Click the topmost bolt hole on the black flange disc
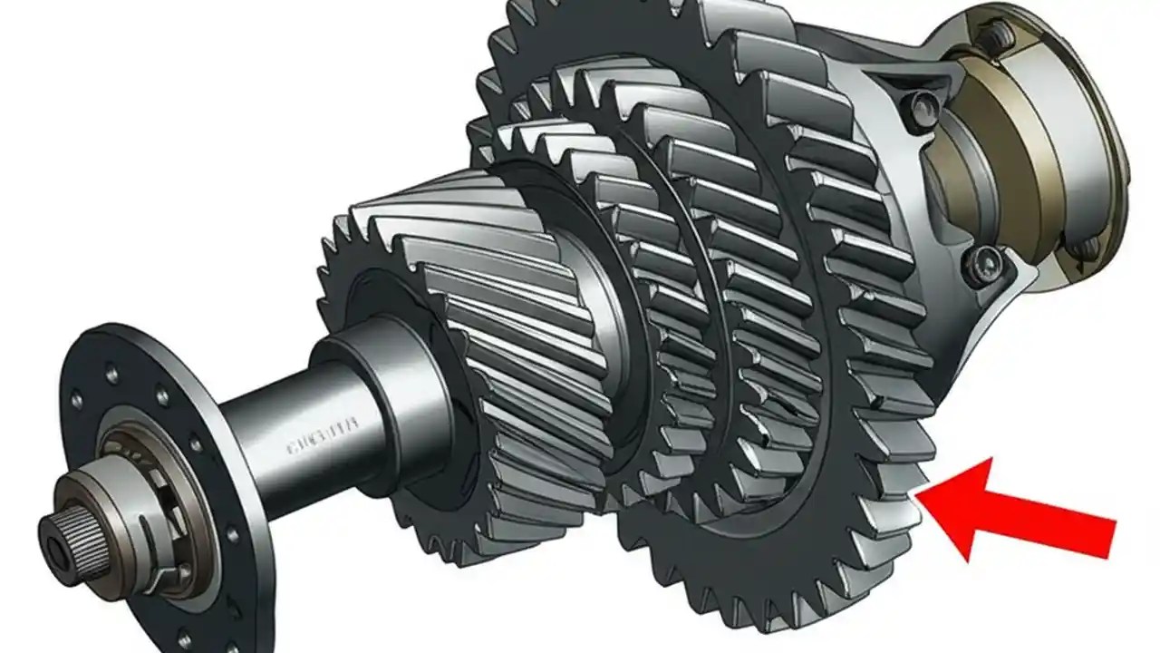[112, 373]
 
